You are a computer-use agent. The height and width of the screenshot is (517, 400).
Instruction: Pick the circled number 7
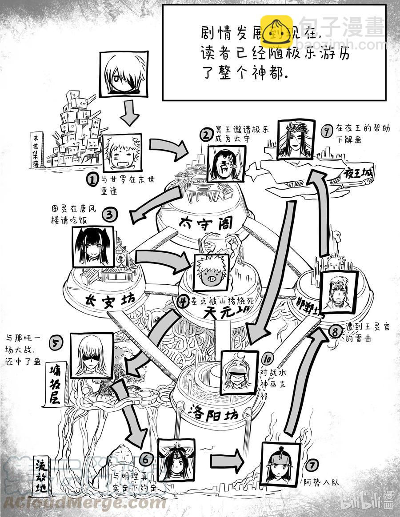tap(312, 465)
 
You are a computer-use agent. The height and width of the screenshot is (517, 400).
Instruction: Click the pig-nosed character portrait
tap(212, 272)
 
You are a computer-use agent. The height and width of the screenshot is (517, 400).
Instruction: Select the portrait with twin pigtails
tap(93, 247)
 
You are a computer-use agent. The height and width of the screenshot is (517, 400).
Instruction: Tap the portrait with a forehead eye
tap(227, 163)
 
